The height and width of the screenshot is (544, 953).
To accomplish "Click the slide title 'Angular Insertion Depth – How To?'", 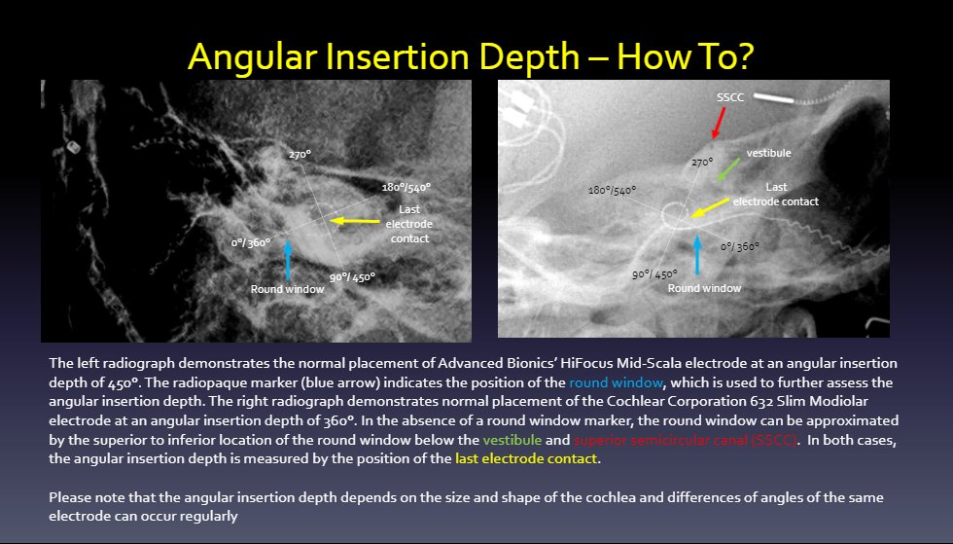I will coord(472,55).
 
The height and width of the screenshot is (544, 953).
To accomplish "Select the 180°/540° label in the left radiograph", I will coord(406,187).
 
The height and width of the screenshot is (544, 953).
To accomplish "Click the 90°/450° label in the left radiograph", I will coord(352,277).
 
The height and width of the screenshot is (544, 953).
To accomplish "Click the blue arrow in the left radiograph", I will coord(288,259).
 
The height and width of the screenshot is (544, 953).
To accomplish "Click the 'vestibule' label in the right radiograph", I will coord(768,154).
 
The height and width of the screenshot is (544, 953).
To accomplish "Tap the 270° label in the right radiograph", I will coord(702,163).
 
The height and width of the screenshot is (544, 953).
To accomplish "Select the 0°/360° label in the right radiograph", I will coord(741,247).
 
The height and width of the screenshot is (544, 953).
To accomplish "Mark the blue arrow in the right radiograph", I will coord(698,255).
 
